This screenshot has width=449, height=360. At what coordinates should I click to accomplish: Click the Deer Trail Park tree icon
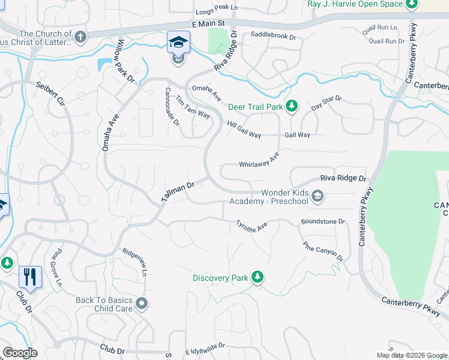292,106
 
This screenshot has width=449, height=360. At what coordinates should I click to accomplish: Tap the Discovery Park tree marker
258,277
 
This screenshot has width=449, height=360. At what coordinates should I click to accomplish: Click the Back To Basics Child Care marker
142,303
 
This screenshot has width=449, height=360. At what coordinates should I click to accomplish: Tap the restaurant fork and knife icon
30,277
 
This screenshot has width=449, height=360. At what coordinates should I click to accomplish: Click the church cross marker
81,37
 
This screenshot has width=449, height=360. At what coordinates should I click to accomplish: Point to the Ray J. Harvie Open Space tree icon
411,5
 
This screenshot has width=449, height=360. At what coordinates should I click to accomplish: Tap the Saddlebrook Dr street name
274,37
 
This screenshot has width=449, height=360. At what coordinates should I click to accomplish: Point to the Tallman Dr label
178,192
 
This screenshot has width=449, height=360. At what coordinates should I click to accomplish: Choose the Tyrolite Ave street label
252,225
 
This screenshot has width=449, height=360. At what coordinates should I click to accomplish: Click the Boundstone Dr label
323,221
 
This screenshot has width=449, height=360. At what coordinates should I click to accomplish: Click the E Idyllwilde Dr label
200,346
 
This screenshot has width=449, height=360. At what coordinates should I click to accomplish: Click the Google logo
20,353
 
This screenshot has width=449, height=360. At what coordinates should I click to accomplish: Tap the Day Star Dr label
327,103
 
